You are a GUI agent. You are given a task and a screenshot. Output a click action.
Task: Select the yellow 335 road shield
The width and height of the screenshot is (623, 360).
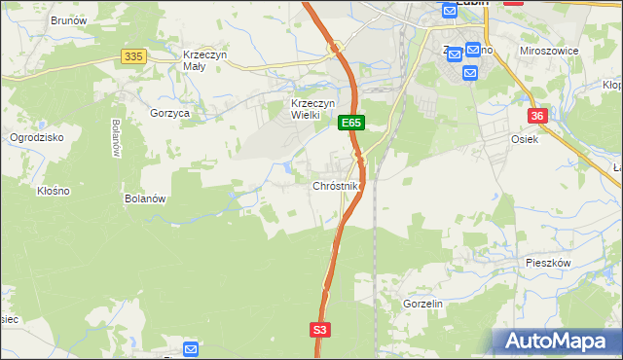tap(134, 57)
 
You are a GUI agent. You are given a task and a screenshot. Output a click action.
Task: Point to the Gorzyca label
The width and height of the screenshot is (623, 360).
tap(169, 113)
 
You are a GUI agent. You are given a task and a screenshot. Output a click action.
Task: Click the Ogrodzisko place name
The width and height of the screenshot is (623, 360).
tap(36, 137)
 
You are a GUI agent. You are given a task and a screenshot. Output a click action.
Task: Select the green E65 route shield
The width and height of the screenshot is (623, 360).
tap(351, 124)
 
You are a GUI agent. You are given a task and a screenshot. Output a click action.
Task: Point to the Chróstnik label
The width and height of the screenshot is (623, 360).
tap(337, 185)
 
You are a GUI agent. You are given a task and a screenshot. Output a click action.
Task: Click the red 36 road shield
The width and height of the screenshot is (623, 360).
tap(536, 116)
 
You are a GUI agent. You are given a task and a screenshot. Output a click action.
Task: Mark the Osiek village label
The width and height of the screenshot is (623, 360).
tap(524, 139)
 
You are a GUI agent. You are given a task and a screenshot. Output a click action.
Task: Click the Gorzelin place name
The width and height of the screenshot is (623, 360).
tap(422, 304)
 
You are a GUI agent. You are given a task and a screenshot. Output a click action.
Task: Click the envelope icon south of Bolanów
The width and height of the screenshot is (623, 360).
tap(190, 348)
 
